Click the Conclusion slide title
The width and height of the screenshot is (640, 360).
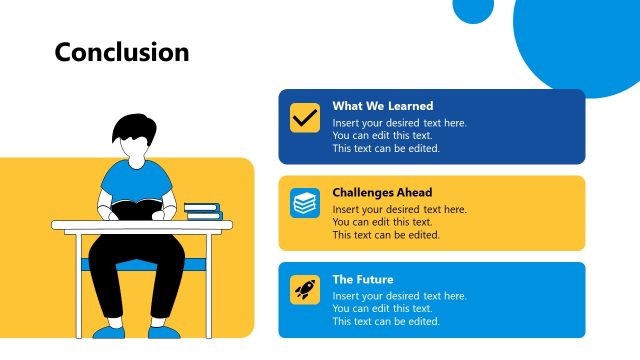[121, 52]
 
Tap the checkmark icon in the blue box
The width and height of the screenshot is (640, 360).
[305, 117]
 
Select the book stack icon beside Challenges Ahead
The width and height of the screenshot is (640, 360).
[305, 203]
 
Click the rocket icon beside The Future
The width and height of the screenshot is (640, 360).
[305, 290]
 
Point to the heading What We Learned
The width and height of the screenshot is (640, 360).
[382, 106]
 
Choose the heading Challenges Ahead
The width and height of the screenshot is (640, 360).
[382, 192]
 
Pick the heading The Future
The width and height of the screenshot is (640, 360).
[363, 279]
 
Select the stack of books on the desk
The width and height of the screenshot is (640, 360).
[202, 210]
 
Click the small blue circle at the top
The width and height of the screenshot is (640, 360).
[473, 8]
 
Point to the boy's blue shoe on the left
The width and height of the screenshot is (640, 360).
[109, 331]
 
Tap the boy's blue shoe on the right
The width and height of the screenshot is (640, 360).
[165, 331]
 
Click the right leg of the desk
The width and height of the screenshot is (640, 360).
[209, 285]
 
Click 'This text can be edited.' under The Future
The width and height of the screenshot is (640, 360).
[386, 321]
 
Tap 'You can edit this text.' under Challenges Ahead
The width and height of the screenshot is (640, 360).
[382, 222]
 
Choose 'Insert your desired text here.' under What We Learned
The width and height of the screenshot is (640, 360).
[399, 123]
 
